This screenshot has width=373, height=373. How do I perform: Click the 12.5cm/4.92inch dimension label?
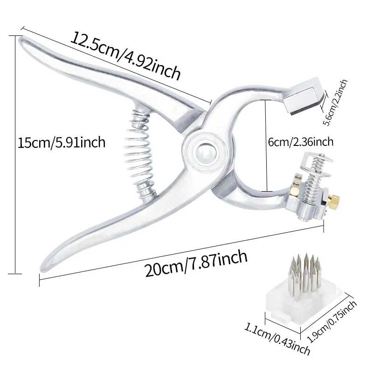[x=125, y=55]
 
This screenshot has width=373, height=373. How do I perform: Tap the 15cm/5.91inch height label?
[x=62, y=143]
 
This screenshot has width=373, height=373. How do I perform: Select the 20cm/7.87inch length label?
[x=196, y=263]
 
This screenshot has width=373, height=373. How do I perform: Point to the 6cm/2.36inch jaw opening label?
[x=301, y=142]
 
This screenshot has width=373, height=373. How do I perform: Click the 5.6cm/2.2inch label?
[x=335, y=103]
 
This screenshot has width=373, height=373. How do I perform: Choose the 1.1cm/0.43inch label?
[x=277, y=339]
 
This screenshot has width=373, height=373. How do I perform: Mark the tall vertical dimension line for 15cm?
[x=15, y=155]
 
